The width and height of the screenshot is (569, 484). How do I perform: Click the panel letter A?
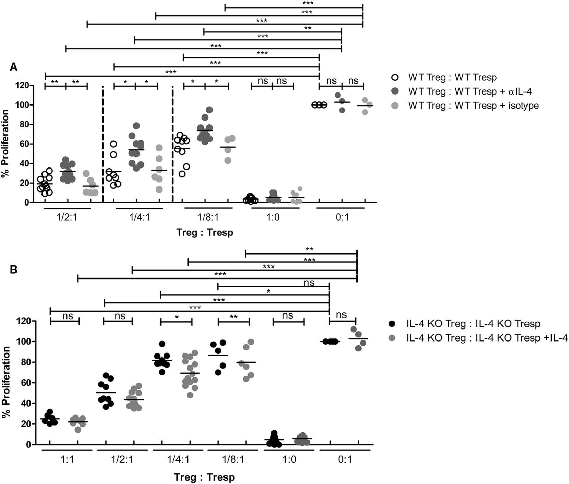coord(13,67)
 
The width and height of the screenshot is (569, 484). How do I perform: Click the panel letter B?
coord(13,270)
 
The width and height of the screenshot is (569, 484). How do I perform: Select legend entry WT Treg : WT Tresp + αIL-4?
coord(470,91)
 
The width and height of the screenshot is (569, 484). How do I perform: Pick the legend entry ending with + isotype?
coord(473,106)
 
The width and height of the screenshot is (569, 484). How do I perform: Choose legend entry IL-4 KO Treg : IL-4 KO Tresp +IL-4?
coord(487,338)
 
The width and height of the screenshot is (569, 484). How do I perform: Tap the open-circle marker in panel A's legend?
coord(395,77)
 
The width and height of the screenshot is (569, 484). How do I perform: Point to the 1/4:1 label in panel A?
coord(140,218)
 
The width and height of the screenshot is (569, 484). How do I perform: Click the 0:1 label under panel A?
coord(342,218)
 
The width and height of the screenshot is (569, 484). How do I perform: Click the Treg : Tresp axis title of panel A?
coord(205,233)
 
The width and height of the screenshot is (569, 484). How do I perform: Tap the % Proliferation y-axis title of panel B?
coord(6,382)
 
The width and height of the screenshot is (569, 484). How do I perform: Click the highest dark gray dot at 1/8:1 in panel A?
coord(209,110)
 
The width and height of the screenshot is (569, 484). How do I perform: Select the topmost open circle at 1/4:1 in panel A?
coord(113,144)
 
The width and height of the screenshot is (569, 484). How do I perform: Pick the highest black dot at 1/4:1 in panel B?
coord(162,344)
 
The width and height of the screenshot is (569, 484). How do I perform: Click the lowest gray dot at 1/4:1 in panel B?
coord(190,395)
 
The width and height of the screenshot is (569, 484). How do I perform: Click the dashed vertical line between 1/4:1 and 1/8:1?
coord(172,144)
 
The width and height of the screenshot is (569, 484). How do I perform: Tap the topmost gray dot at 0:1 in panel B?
coord(354,329)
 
